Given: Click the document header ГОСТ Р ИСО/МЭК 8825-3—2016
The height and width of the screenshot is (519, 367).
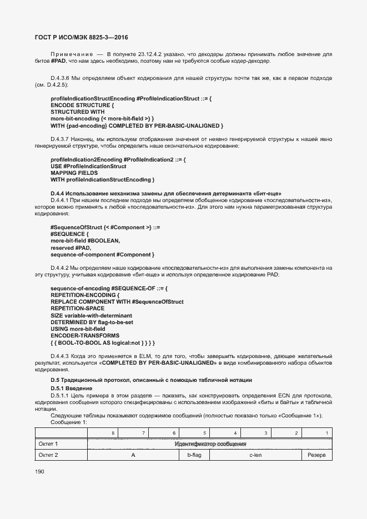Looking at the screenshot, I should click(x=78, y=37).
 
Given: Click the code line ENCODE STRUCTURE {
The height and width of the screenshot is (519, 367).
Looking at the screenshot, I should click(x=82, y=105).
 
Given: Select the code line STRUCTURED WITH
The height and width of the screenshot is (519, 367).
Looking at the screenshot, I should click(x=77, y=112).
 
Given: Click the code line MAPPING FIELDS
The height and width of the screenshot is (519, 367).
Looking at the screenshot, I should click(x=75, y=173).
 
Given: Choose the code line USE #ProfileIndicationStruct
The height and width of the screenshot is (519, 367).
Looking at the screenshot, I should click(x=88, y=167).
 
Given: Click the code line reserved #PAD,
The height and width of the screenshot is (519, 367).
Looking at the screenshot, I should click(x=70, y=248).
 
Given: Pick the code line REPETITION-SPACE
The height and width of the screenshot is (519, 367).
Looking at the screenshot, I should click(x=77, y=308).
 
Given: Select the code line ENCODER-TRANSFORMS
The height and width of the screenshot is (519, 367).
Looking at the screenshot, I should click(x=84, y=336).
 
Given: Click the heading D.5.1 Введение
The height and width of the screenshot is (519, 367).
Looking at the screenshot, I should click(x=72, y=387).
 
